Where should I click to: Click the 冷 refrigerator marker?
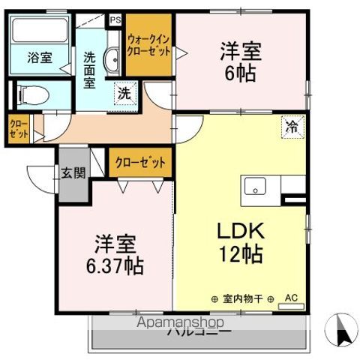pyautogui.click(x=292, y=127)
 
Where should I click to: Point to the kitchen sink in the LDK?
pyautogui.click(x=253, y=186)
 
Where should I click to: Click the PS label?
pyautogui.click(x=115, y=20)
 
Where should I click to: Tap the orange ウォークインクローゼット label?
pyautogui.click(x=148, y=46)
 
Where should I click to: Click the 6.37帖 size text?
pyautogui.click(x=115, y=265)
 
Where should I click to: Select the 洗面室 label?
pyautogui.click(x=89, y=70)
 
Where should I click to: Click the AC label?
pyautogui.click(x=292, y=298)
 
